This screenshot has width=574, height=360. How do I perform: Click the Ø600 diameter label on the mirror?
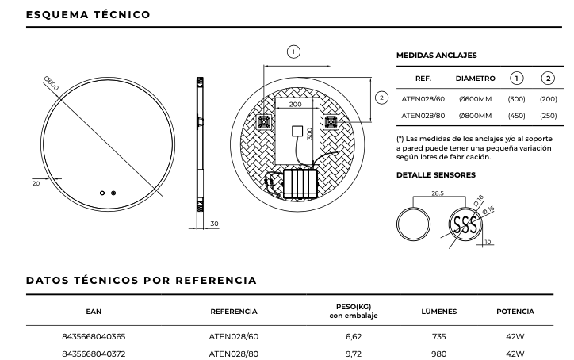(52, 82)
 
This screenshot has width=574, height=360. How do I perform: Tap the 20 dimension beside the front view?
(36, 183)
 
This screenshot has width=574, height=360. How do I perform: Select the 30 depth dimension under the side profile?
(214, 224)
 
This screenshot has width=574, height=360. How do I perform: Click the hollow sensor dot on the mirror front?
(102, 193)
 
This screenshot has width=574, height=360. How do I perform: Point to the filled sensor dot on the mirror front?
(113, 193)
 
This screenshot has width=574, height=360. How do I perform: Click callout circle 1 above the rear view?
(293, 52)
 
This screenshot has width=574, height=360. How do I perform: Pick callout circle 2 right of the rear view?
(381, 98)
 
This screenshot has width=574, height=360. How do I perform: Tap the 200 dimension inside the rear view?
(295, 105)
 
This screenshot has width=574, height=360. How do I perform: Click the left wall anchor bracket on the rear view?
(264, 121)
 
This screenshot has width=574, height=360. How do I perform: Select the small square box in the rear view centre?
(297, 131)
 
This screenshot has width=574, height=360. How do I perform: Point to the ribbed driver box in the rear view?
(300, 183)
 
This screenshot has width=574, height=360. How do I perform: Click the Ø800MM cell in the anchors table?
(475, 116)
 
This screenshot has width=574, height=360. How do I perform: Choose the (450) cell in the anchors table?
(517, 116)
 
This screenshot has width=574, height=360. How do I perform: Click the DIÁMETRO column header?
(475, 79)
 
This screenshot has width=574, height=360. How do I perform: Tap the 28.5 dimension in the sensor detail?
(438, 193)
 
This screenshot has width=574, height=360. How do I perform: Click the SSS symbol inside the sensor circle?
(465, 224)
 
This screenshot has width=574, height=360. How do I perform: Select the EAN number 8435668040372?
(94, 354)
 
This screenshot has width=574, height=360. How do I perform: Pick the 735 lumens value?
(439, 336)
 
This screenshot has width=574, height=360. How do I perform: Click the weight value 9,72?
(354, 354)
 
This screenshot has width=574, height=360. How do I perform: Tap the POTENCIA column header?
(515, 312)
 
